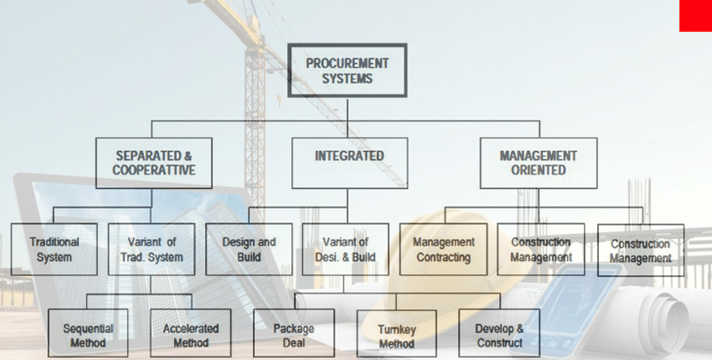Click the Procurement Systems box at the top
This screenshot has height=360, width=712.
[347, 70]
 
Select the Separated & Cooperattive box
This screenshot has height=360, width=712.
[153, 163]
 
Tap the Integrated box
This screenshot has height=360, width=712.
[349, 163]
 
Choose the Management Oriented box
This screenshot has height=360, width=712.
[538, 163]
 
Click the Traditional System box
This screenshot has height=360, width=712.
[55, 249]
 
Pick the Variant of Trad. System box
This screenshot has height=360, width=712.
[151, 249]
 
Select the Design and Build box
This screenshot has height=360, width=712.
[249, 249]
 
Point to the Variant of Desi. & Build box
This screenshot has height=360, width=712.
[346, 249]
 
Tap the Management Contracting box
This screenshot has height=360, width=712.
[444, 249]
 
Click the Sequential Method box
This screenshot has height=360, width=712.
[88, 335]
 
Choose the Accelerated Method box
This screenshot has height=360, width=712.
[191, 335]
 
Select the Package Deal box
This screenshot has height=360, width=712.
[294, 335]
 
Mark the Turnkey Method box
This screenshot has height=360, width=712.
[396, 336]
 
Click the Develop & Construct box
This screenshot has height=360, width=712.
[499, 335]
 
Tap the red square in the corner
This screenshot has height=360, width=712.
[695, 16]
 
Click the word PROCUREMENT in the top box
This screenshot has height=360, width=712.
[347, 63]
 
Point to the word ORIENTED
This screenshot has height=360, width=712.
[538, 170]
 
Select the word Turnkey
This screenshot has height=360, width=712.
[396, 330]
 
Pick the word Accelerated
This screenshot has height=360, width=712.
[191, 328]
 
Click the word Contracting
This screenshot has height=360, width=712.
[444, 257]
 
